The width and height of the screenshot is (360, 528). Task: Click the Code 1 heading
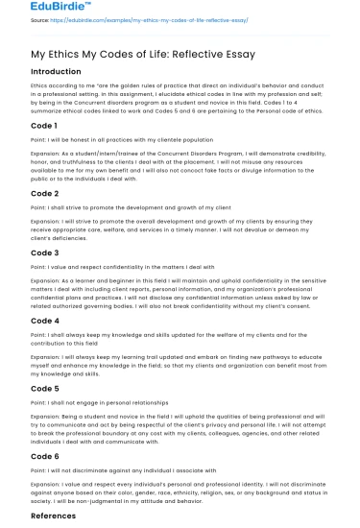(45, 126)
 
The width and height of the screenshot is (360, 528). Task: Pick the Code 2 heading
(45, 194)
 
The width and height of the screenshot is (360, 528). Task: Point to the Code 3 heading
(45, 252)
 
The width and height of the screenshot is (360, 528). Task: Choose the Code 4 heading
(45, 321)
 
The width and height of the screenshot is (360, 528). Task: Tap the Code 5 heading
(45, 388)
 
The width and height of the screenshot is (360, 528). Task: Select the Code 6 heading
(45, 456)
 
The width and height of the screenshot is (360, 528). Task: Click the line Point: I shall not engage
(100, 402)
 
